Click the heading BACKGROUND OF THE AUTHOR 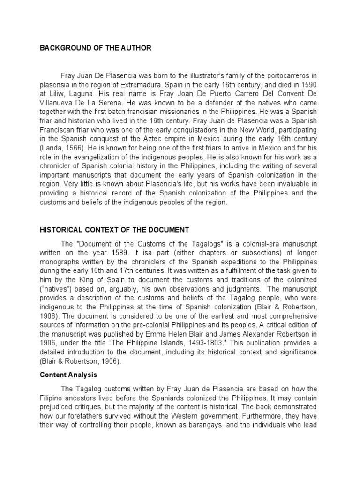(96, 48)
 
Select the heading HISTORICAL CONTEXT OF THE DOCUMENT (114, 230)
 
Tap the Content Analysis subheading (69, 375)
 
